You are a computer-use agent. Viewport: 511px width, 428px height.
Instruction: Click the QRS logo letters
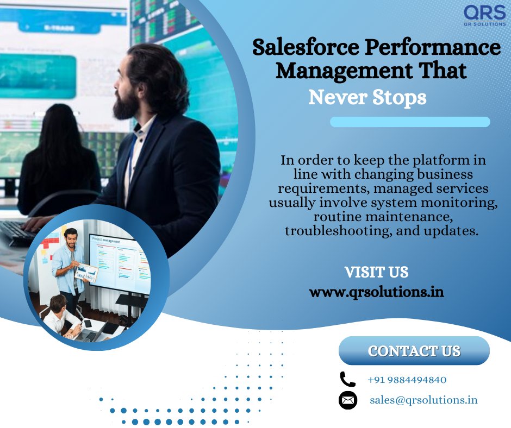point(484,12)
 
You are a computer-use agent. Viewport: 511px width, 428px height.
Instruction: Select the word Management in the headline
point(332,71)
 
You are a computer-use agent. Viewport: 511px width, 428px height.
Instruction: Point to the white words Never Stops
point(367,98)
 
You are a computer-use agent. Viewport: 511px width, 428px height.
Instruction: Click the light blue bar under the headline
point(410,122)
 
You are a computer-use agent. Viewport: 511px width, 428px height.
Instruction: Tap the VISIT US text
point(376,272)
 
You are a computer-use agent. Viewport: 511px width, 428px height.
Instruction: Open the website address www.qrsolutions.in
point(376,292)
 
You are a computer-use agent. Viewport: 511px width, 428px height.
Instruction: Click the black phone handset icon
point(347,379)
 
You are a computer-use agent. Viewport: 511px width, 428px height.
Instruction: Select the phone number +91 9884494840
point(407,380)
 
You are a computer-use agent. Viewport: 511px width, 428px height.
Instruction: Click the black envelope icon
point(347,400)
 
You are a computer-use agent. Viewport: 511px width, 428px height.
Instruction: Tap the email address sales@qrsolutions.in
point(423,400)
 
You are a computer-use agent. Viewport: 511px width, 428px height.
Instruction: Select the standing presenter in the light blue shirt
point(68,261)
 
